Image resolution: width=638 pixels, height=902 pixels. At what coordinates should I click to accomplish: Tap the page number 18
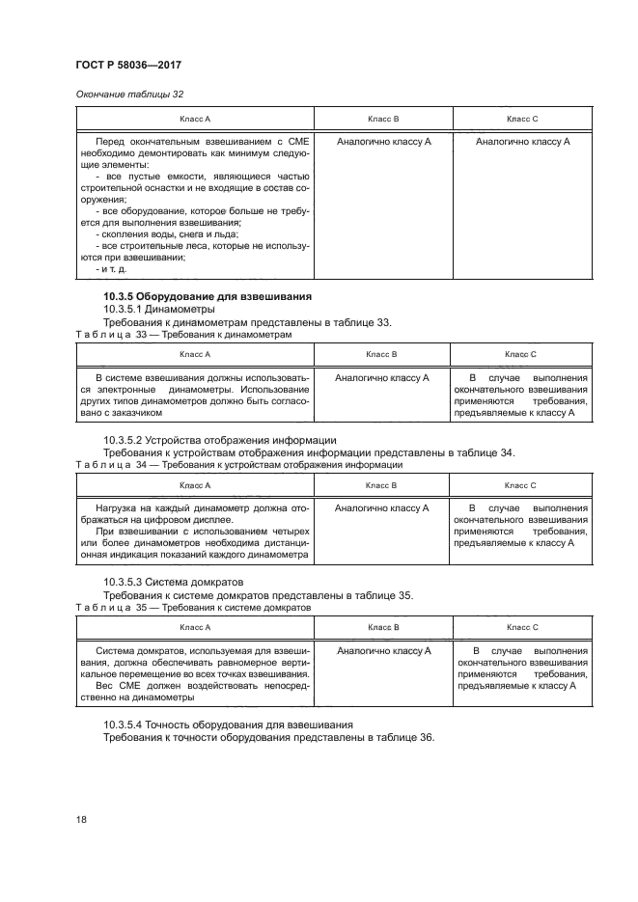81,819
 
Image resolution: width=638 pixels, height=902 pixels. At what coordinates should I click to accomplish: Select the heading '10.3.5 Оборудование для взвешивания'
212,295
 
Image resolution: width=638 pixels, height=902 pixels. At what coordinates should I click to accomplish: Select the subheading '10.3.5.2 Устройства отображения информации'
220,440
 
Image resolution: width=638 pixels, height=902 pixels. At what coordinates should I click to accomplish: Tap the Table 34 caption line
238,464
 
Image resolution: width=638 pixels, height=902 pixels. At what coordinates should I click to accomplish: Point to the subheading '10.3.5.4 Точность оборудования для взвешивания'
228,724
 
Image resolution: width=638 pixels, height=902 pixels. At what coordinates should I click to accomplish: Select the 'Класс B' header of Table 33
382,355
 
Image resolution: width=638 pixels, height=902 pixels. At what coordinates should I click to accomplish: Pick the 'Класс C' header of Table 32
522,119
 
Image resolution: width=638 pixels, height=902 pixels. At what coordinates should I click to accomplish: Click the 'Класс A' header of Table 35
195,628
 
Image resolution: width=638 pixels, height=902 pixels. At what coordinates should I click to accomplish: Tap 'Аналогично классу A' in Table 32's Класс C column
522,142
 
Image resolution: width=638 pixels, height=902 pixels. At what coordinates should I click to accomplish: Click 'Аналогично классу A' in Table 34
382,507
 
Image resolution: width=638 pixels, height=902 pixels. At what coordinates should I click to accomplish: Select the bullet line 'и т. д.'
114,269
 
